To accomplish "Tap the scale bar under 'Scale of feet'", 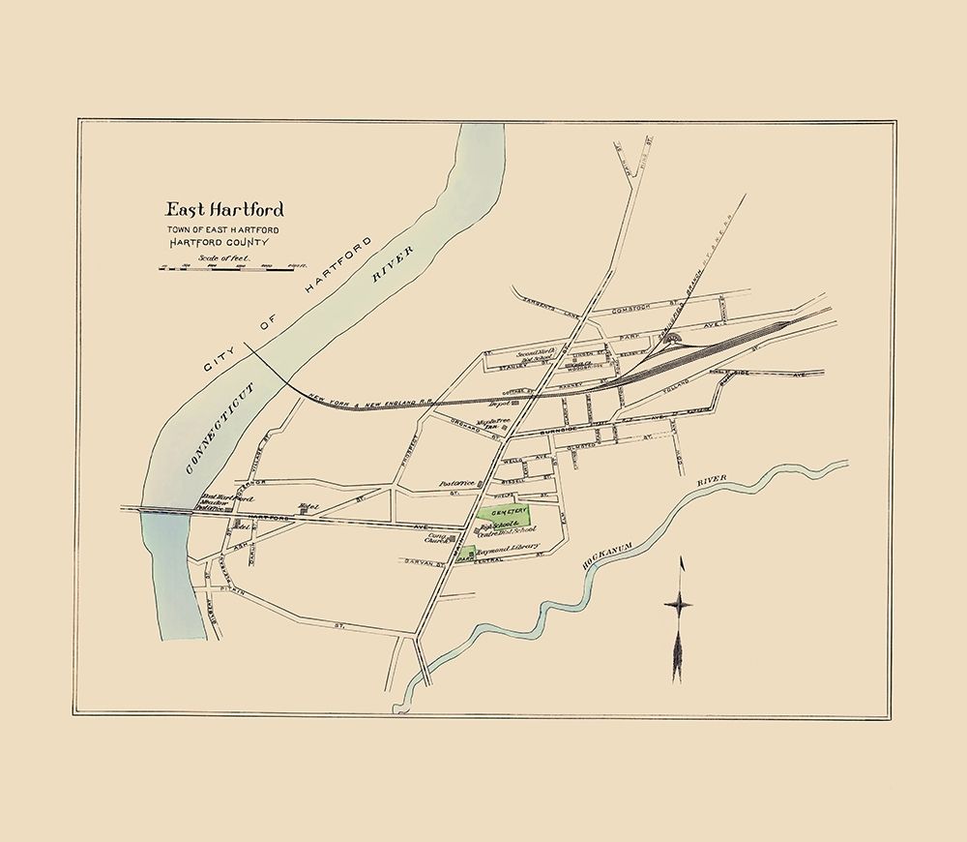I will [228, 268].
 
